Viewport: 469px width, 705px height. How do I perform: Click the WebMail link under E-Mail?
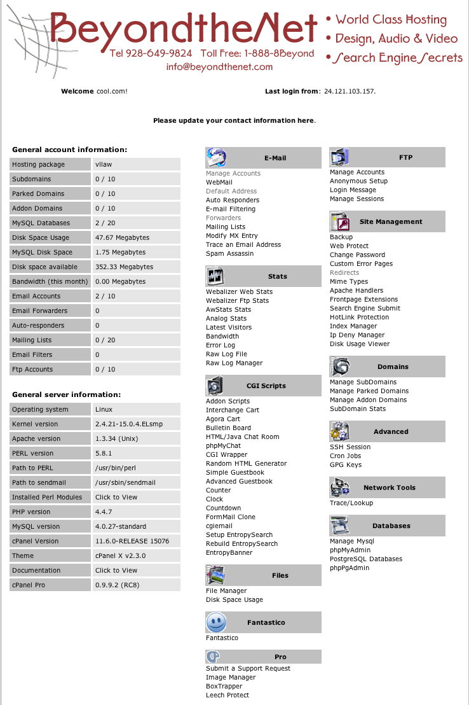coord(219,182)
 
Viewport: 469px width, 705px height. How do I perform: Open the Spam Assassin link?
coord(229,253)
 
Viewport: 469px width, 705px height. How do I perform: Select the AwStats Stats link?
coord(228,309)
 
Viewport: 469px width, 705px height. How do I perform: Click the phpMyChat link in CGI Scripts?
coord(223,445)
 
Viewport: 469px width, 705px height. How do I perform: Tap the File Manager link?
coord(226,590)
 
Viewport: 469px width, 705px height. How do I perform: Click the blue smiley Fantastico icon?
coord(216,622)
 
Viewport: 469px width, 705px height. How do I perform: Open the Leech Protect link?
coord(228,695)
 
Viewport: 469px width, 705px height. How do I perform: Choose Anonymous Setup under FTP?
coord(358,181)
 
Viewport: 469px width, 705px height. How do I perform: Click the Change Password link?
coord(357,255)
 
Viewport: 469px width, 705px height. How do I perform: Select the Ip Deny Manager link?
coord(357,335)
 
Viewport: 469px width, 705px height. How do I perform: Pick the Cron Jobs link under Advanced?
coord(345,456)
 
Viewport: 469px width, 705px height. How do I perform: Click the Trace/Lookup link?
coord(351,503)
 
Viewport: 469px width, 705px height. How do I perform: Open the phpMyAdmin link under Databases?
coord(350,550)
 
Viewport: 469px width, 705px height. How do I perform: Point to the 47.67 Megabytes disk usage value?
coord(122,237)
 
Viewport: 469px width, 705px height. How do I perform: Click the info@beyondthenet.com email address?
coord(219,67)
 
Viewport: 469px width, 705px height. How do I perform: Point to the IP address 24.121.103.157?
coord(350,91)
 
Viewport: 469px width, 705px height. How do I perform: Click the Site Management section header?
coord(390,221)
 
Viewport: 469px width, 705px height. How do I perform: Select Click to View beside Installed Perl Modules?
coord(116,497)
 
